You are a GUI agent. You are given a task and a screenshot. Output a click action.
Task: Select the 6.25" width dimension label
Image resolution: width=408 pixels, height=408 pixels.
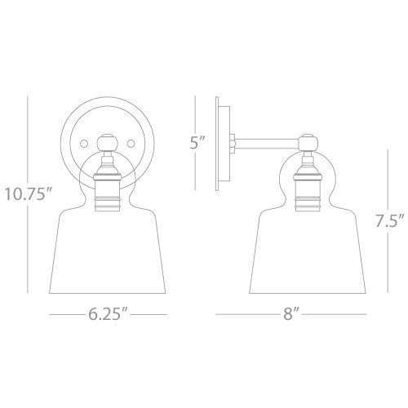click(x=108, y=313)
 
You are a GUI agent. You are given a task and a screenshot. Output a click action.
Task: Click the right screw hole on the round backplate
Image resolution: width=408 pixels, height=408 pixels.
click(x=129, y=144)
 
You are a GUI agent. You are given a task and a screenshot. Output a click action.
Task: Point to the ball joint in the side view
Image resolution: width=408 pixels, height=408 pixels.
click(x=308, y=144)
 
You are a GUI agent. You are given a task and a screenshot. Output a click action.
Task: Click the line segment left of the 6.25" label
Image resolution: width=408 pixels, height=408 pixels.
click(x=67, y=313)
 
